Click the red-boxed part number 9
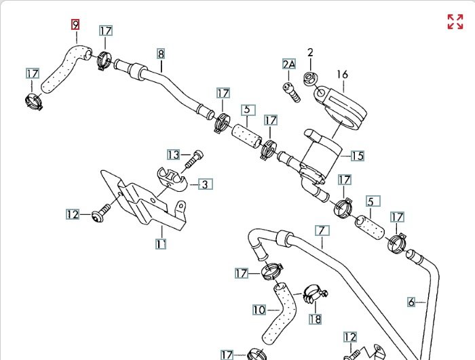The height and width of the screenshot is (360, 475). tap(75, 24)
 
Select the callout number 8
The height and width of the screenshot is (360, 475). tap(161, 53)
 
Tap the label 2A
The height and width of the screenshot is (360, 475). tap(289, 64)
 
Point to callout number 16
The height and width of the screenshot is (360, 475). tap(341, 75)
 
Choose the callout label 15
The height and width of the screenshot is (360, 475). tap(357, 156)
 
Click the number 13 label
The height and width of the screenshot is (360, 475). tap(174, 155)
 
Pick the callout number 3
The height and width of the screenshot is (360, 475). tap(205, 184)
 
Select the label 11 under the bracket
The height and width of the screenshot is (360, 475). tap(161, 243)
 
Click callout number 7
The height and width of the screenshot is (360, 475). tap(321, 230)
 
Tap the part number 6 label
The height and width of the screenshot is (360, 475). tap(411, 302)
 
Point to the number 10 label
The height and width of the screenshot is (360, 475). tap(259, 310)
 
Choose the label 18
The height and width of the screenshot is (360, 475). tap(315, 319)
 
